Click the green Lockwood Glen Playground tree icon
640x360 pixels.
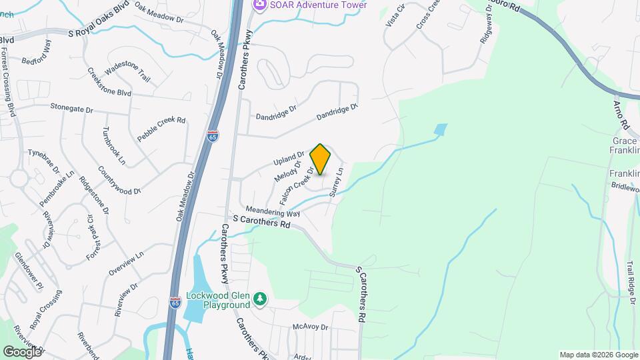tap(261, 301)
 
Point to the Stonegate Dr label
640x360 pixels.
tap(73, 107)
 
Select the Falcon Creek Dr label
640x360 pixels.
tap(297, 187)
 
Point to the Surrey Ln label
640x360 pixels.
tap(336, 182)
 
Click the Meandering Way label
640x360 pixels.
tap(273, 211)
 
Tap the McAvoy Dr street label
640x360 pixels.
tap(311, 327)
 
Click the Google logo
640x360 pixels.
tap(22, 351)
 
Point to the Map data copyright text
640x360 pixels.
tap(598, 355)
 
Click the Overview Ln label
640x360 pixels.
tap(126, 264)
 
